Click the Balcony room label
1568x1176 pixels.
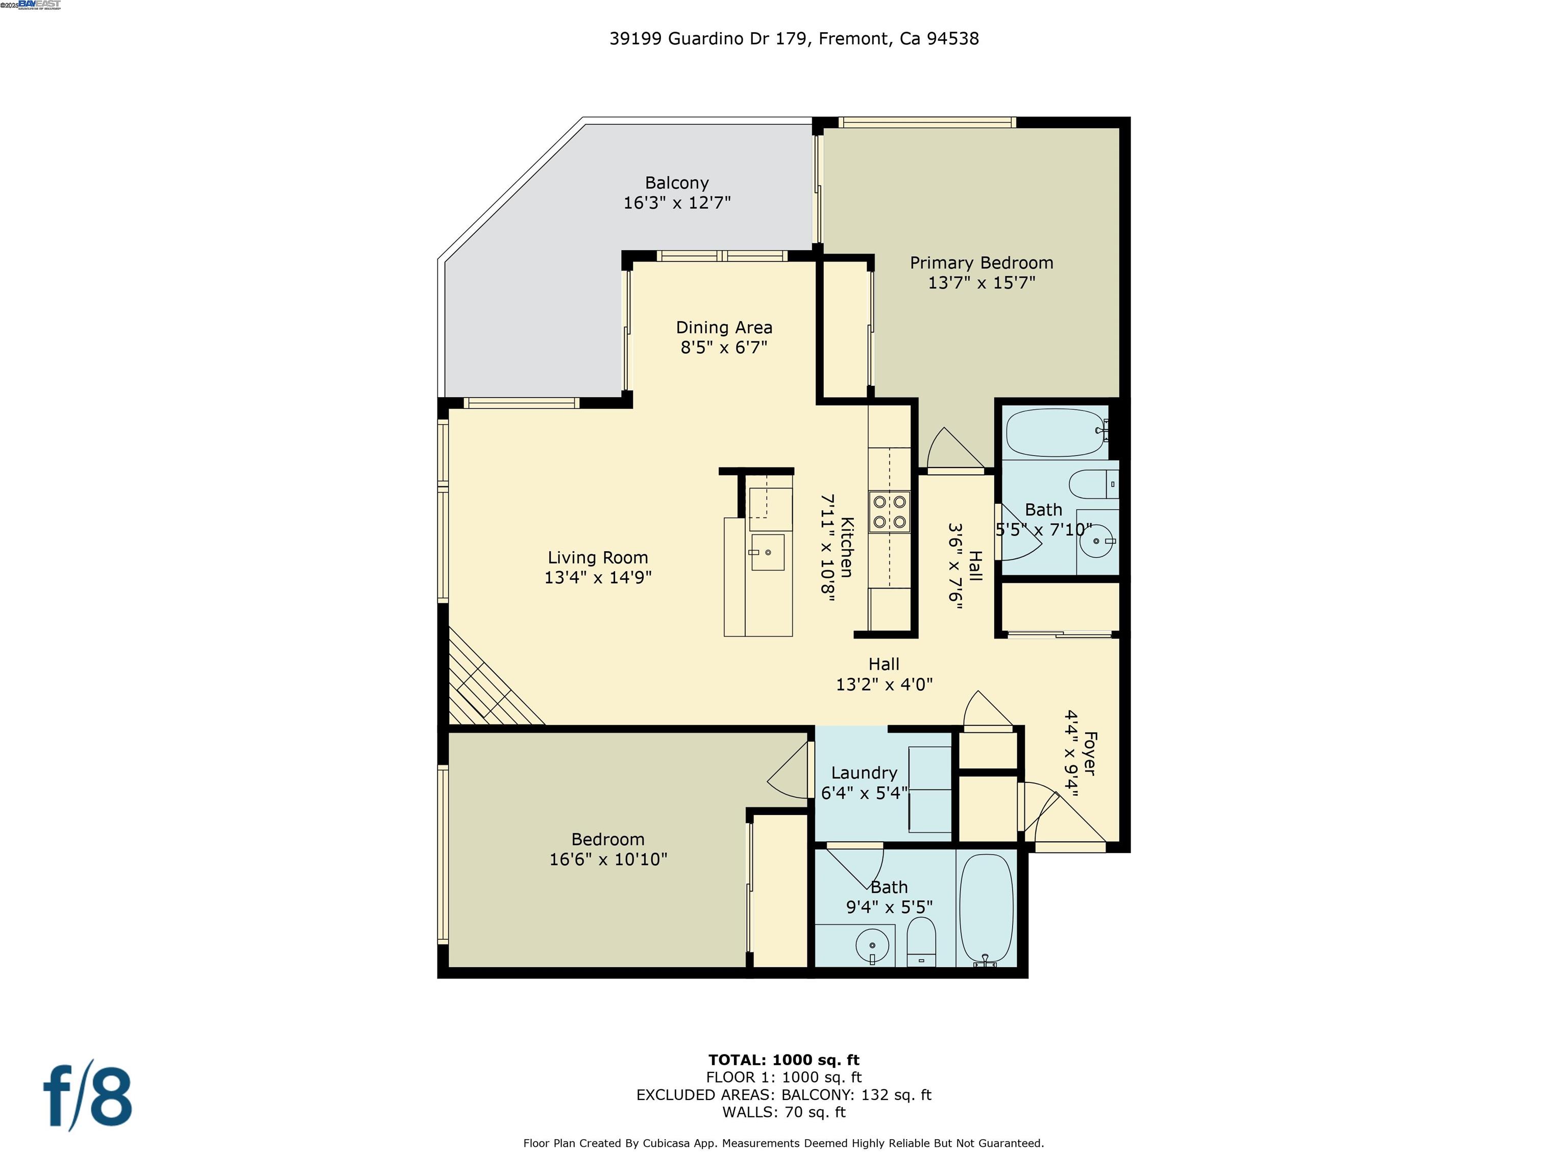point(676,183)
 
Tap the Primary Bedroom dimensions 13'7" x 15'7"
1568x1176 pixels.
point(981,283)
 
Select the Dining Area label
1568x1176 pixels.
point(724,328)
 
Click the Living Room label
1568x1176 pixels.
point(598,558)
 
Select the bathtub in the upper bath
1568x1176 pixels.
point(1056,432)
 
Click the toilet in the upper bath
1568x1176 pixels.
point(1092,485)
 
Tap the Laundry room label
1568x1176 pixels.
point(864,773)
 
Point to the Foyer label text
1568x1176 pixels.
point(1090,753)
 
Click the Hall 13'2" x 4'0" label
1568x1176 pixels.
point(884,674)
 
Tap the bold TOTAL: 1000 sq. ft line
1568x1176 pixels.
point(783,1060)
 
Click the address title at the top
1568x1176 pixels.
point(794,39)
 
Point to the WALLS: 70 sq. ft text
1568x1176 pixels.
point(783,1112)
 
